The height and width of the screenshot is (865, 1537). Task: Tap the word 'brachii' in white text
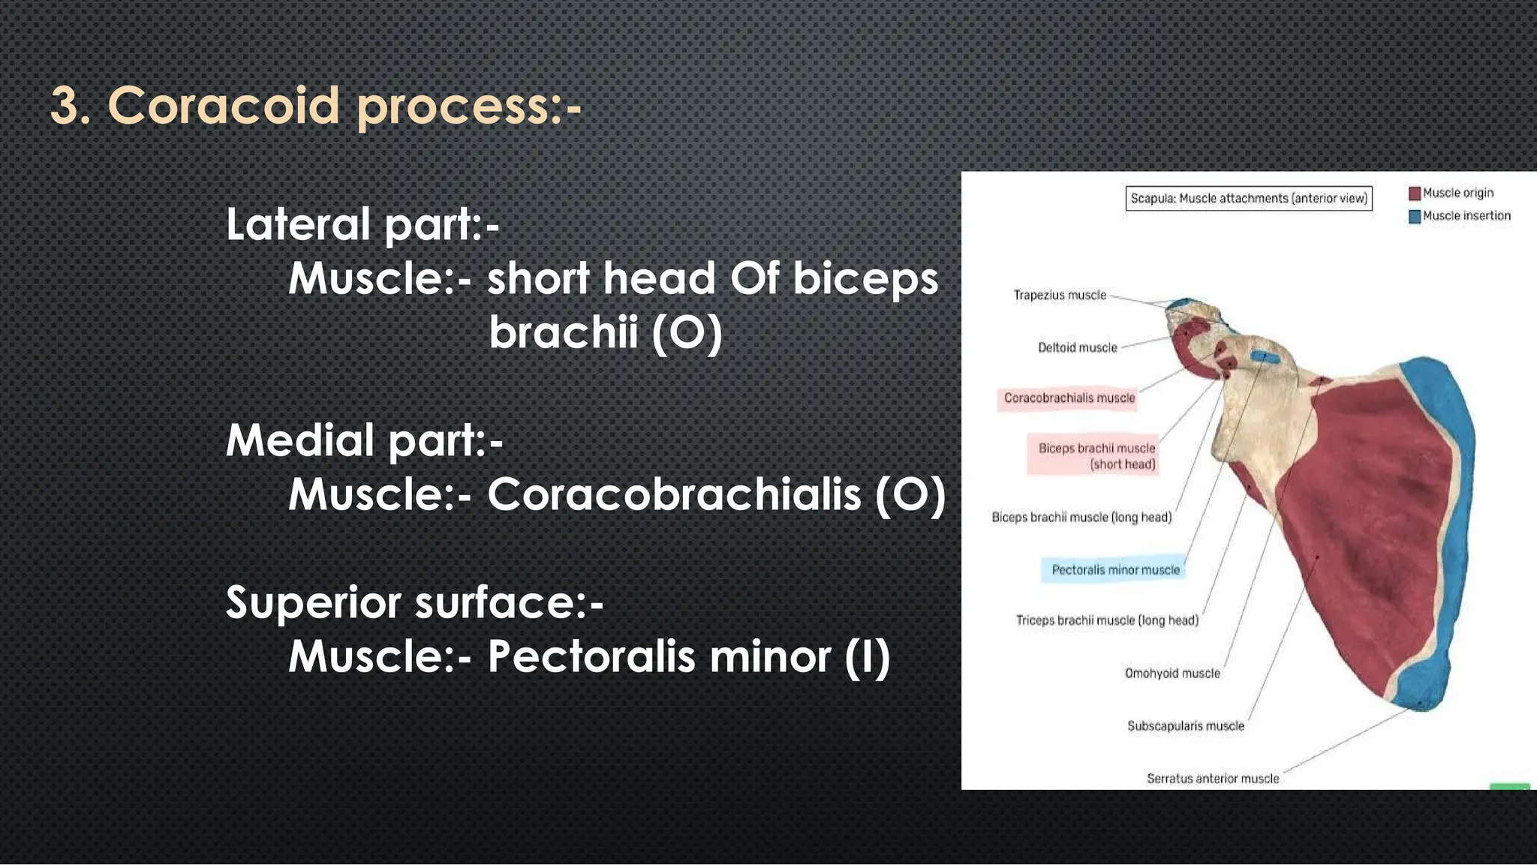pyautogui.click(x=563, y=332)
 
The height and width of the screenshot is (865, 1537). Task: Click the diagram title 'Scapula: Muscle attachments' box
pyautogui.click(x=1248, y=199)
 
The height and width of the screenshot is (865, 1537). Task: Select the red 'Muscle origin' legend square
pyautogui.click(x=1415, y=194)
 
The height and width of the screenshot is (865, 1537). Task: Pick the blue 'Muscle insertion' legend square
pyautogui.click(x=1415, y=217)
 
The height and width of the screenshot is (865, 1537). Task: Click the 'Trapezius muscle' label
pyautogui.click(x=1060, y=296)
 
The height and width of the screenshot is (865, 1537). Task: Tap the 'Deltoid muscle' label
pyautogui.click(x=1077, y=347)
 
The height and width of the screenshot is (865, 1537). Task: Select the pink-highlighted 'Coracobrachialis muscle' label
pyautogui.click(x=1069, y=398)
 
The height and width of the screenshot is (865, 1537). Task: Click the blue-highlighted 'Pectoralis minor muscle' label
pyautogui.click(x=1115, y=570)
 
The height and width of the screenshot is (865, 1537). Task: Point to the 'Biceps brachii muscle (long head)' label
pyautogui.click(x=1081, y=518)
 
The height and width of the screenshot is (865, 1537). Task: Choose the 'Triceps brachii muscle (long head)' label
pyautogui.click(x=1107, y=620)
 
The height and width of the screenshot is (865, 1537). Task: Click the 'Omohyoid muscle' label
pyautogui.click(x=1172, y=674)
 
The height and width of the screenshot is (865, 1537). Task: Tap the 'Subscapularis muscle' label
pyautogui.click(x=1185, y=726)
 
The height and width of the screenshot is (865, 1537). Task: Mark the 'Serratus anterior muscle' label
pyautogui.click(x=1212, y=779)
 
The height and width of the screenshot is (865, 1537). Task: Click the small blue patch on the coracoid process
pyautogui.click(x=1265, y=357)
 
